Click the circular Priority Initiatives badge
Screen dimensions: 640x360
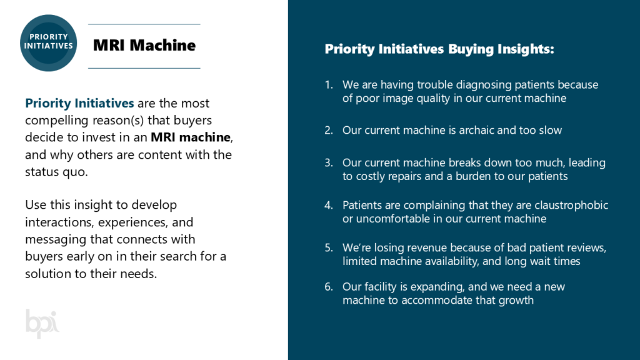tap(48, 43)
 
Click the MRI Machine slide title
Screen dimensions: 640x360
tap(144, 45)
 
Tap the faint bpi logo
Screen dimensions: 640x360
tap(42, 323)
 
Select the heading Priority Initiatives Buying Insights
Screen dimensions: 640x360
tap(439, 49)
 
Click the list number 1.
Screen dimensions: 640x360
tap(329, 84)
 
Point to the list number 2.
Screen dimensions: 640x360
tap(329, 130)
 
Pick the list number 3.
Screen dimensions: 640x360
tap(329, 162)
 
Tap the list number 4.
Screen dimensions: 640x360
tap(329, 205)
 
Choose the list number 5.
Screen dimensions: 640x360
tap(329, 247)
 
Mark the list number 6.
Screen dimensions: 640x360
tap(329, 286)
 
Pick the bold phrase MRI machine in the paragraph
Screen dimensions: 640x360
tap(191, 137)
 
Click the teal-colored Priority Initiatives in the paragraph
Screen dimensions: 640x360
tap(79, 103)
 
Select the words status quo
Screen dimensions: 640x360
tap(56, 172)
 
